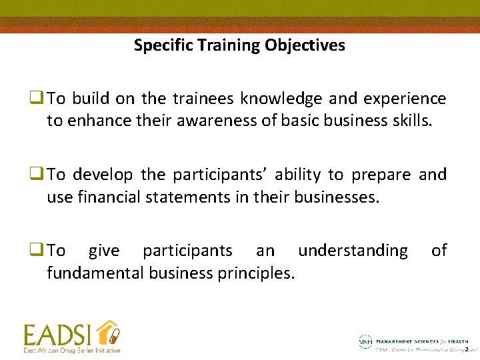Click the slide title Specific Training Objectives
point(239,45)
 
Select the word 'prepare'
point(379,175)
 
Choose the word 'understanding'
point(353,251)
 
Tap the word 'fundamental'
point(95,273)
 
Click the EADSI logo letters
point(58,335)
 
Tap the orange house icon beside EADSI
point(107,333)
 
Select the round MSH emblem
point(365,341)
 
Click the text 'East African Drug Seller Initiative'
point(72,350)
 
